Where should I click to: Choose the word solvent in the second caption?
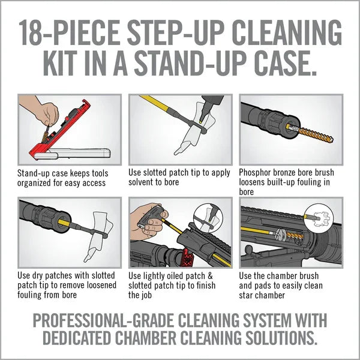145,182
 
